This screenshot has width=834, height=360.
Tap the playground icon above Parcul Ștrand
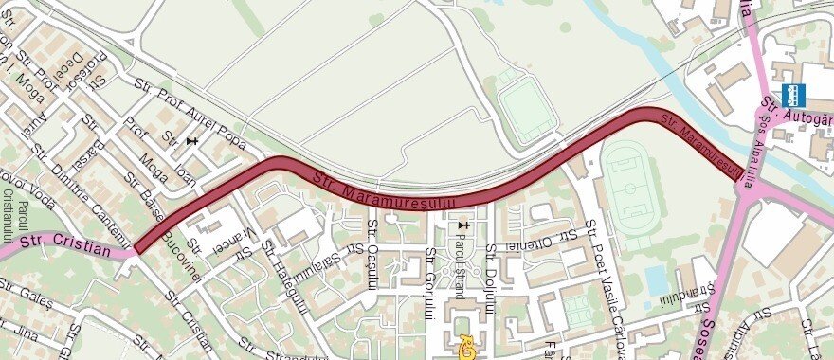point(462,225)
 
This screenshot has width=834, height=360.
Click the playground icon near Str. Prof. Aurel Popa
point(193,141)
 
